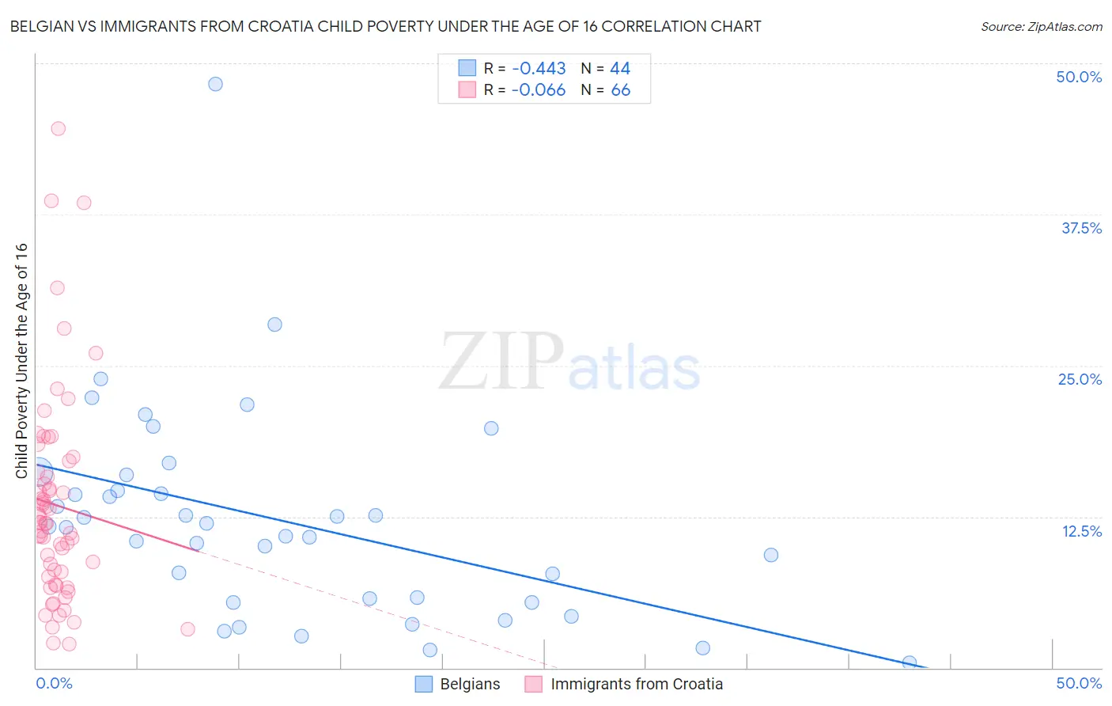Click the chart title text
pyautogui.click(x=385, y=26)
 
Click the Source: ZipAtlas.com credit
pyautogui.click(x=1041, y=26)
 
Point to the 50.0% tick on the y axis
pyautogui.click(x=1079, y=77)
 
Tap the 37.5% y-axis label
pyautogui.click(x=1081, y=228)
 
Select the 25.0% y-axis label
pyautogui.click(x=1080, y=379)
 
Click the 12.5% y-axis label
pyautogui.click(x=1081, y=531)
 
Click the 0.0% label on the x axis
pyautogui.click(x=54, y=683)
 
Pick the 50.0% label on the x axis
pyautogui.click(x=1079, y=683)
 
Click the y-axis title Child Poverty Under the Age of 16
pyautogui.click(x=21, y=360)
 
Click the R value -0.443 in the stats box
pyautogui.click(x=539, y=69)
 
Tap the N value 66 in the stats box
pyautogui.click(x=621, y=90)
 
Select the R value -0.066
pyautogui.click(x=539, y=90)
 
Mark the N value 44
pyautogui.click(x=620, y=69)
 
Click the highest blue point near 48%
pyautogui.click(x=215, y=84)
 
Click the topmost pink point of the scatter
pyautogui.click(x=58, y=128)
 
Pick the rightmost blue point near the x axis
pyautogui.click(x=910, y=662)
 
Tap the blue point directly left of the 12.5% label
pyautogui.click(x=771, y=555)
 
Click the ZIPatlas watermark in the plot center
pyautogui.click(x=569, y=362)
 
